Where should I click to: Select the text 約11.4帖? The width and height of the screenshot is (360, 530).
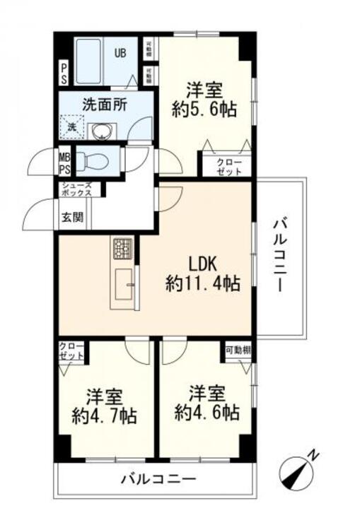point(202,284)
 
